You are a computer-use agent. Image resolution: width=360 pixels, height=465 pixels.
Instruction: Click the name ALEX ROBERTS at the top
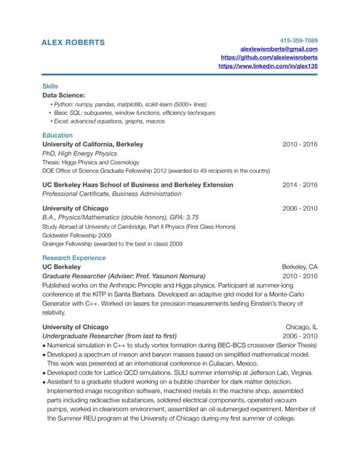(73, 42)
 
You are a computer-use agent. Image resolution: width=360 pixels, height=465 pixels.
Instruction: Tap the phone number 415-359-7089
(299, 39)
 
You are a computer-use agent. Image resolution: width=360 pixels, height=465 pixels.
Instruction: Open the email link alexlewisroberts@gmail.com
(279, 49)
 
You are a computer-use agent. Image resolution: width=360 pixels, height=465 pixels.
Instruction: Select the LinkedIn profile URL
(268, 66)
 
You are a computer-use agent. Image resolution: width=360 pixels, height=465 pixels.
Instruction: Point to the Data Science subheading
(64, 95)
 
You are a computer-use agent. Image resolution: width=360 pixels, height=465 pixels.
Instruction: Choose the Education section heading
(57, 135)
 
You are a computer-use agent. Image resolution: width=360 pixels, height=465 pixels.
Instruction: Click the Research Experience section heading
(73, 258)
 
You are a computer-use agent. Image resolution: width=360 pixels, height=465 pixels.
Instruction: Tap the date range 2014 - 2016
(300, 185)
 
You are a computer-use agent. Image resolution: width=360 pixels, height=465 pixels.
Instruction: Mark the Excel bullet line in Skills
(106, 121)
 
